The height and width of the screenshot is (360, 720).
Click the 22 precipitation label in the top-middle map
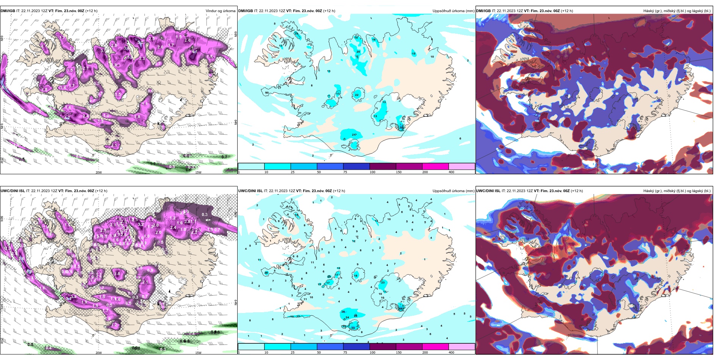pos(357,95)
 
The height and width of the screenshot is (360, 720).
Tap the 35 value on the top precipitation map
pos(402,128)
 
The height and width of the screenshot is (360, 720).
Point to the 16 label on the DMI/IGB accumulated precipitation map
pos(374,39)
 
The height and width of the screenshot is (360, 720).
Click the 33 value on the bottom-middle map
pos(353,328)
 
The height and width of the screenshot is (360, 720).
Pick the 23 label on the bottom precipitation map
pos(383,282)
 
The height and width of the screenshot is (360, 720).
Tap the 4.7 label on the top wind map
pos(67,118)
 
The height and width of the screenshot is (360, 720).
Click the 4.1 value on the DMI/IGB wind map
pos(193,52)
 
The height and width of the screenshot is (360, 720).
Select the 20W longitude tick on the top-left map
pos(99,172)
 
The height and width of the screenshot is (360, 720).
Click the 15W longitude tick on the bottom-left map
pos(198,353)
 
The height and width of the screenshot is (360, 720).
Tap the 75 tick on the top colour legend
pos(345,172)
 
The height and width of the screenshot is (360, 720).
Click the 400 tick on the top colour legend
pos(451,172)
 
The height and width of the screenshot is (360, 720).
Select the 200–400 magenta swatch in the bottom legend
pos(435,346)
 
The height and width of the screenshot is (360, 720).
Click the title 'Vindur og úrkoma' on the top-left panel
pos(220,11)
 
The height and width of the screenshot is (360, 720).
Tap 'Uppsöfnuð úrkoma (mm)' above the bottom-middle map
pos(453,191)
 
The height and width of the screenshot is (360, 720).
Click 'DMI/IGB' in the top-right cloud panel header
pos(483,11)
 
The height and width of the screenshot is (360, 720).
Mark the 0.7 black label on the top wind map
pos(224,157)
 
